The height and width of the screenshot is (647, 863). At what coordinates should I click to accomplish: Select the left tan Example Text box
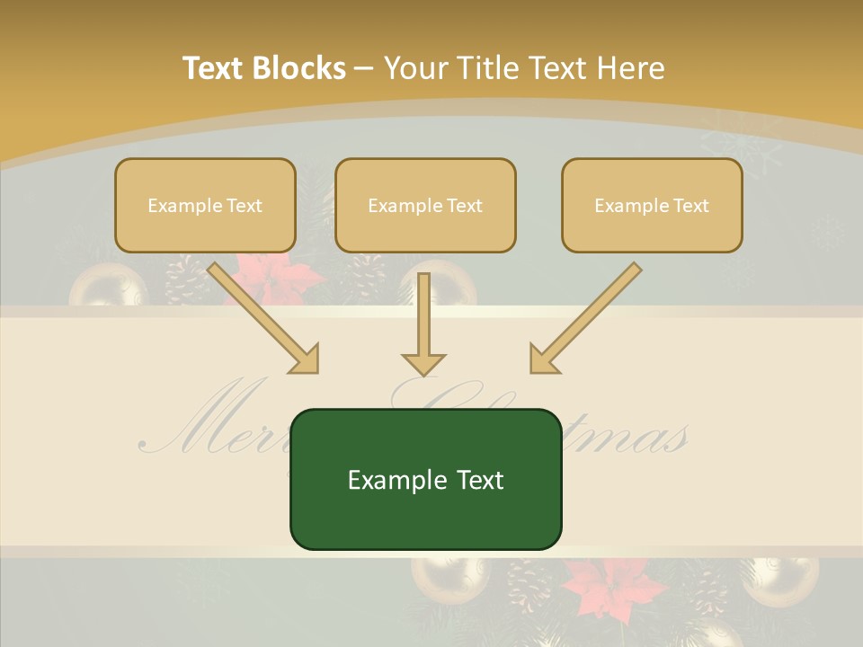click(205, 206)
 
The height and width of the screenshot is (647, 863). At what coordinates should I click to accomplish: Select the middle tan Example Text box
click(425, 206)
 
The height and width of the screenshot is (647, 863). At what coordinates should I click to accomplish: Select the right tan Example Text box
click(652, 206)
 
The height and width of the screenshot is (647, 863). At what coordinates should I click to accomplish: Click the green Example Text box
click(425, 479)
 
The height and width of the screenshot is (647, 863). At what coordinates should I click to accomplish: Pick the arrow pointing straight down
click(423, 323)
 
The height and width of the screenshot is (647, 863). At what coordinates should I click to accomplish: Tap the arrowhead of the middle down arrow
click(423, 363)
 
